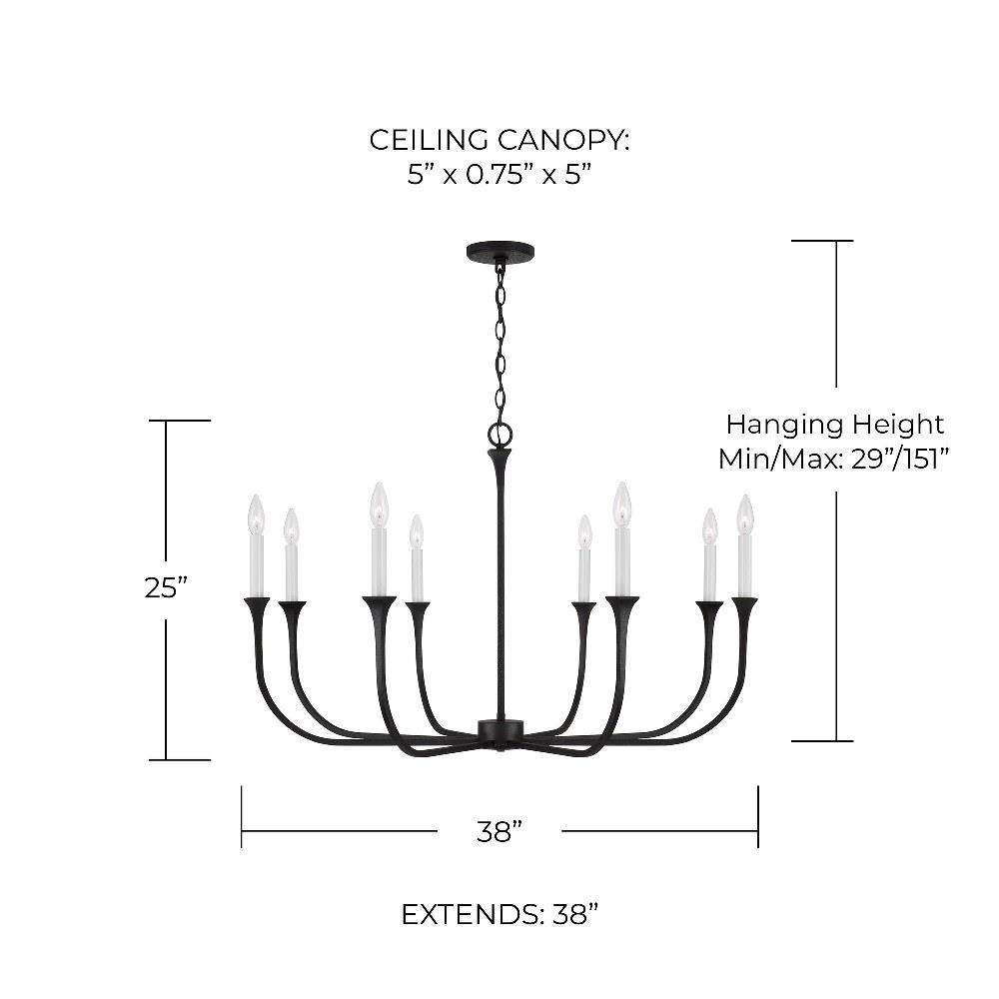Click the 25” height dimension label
[166, 588]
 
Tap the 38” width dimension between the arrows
[499, 831]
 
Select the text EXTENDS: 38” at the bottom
[499, 914]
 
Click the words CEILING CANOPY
[499, 140]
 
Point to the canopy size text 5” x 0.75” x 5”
[499, 175]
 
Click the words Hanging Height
[834, 425]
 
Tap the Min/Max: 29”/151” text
[833, 459]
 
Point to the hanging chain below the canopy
[499, 340]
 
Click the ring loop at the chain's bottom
[499, 434]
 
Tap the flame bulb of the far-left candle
[256, 512]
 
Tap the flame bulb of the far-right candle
[744, 512]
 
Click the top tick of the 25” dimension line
[180, 421]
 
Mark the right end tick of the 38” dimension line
[758, 816]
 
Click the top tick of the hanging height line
[822, 241]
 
